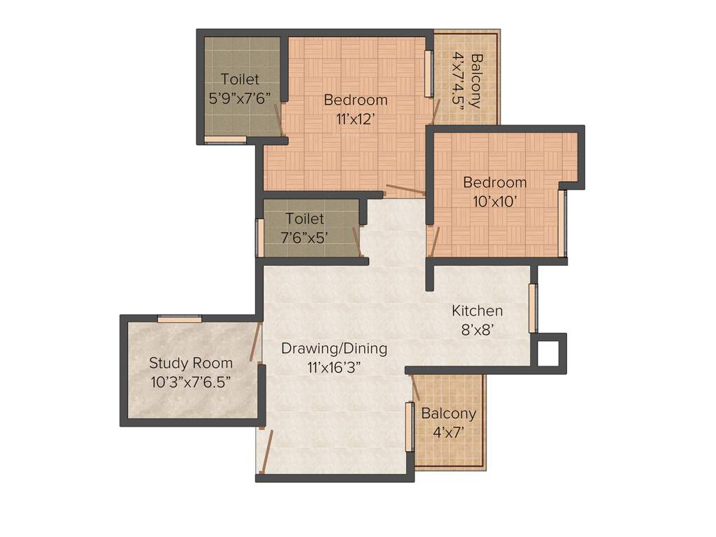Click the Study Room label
tap(191, 363)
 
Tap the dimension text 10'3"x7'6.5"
tap(191, 382)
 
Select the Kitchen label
tap(477, 310)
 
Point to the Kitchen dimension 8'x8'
tap(477, 329)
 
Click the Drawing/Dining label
tap(334, 348)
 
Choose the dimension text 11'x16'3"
tap(334, 366)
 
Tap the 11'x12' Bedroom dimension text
tap(355, 119)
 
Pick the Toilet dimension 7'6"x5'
tap(304, 238)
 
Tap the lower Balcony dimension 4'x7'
tap(448, 432)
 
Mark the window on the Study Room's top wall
tap(180, 320)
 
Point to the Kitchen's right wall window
tap(534, 308)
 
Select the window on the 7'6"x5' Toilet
tap(260, 238)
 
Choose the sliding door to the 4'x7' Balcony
tap(410, 427)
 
